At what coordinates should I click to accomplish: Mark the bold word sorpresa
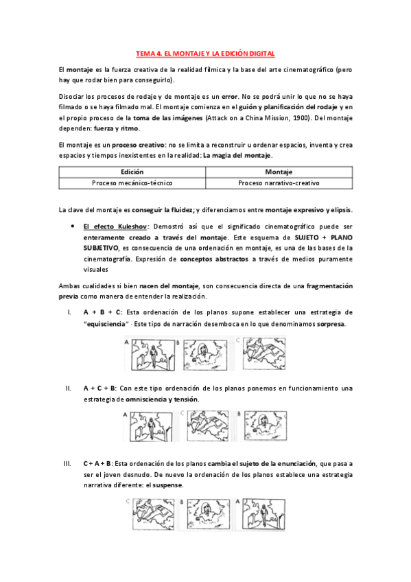[x=331, y=323]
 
